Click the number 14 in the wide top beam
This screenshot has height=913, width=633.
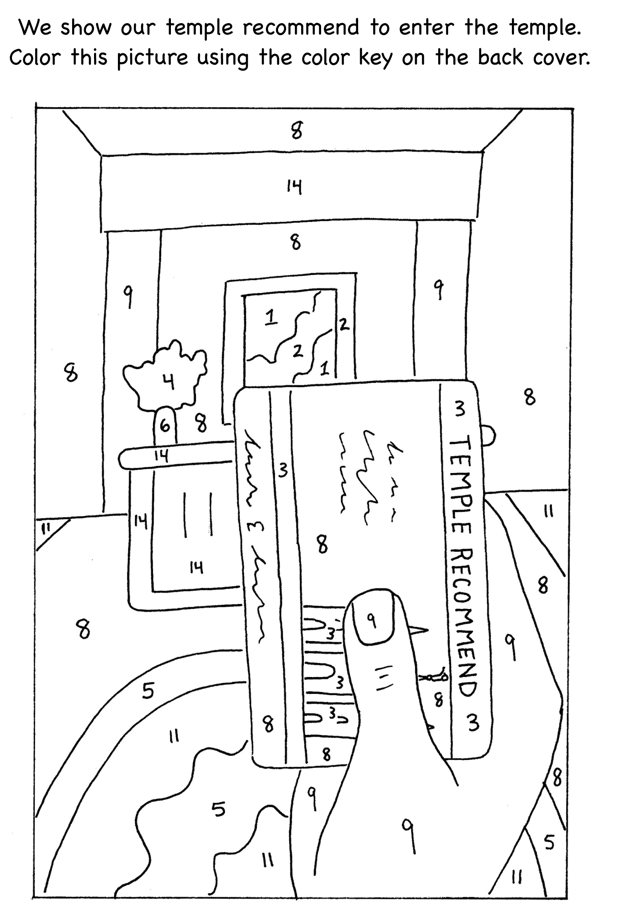pos(294,187)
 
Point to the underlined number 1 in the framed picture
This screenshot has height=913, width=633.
pos(270,318)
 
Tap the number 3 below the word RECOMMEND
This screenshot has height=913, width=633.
pos(472,723)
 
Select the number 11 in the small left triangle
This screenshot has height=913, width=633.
pos(47,528)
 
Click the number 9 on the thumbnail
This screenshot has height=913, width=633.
pos(371,620)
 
